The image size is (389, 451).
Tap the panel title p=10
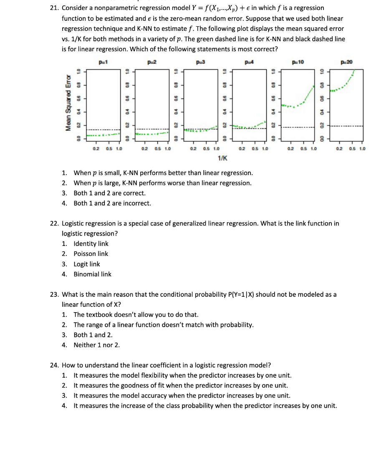click(298, 62)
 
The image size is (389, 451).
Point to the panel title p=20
click(346, 62)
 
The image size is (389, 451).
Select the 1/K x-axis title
click(222, 158)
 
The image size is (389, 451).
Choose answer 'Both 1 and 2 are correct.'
click(109, 193)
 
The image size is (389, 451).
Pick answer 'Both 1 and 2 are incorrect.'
click(112, 203)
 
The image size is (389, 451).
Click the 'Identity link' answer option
click(91, 243)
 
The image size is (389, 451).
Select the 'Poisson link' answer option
click(91, 254)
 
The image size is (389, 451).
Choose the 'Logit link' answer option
click(87, 264)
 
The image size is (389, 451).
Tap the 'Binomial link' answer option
click(92, 274)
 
